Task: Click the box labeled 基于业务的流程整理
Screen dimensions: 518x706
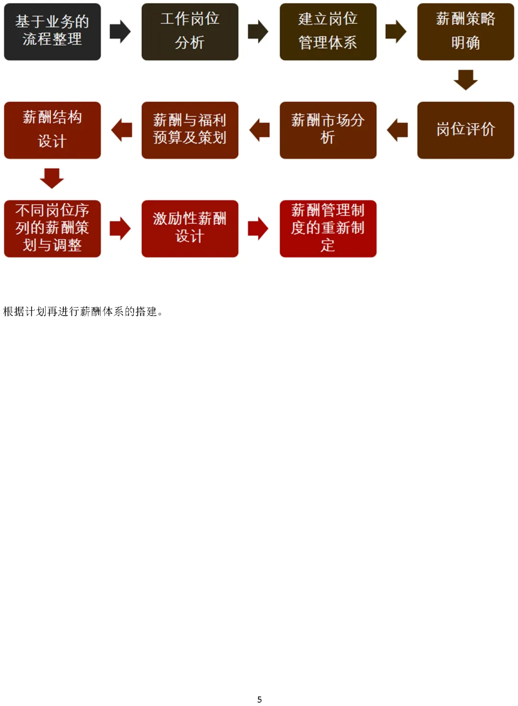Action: pyautogui.click(x=52, y=32)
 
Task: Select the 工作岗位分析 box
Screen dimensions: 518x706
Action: pyautogui.click(x=190, y=32)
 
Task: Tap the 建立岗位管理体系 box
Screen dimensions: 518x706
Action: pyautogui.click(x=328, y=32)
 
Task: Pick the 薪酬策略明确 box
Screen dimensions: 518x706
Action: pyautogui.click(x=465, y=32)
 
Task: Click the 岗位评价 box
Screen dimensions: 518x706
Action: pyautogui.click(x=465, y=130)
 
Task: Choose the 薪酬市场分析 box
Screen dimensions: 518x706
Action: pyautogui.click(x=328, y=130)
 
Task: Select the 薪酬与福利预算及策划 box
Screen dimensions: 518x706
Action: pyautogui.click(x=190, y=130)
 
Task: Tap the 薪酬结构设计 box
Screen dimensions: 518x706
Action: pyautogui.click(x=52, y=130)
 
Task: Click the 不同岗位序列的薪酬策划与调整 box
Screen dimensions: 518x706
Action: pyautogui.click(x=52, y=228)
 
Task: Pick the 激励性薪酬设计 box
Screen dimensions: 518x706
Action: pyautogui.click(x=190, y=228)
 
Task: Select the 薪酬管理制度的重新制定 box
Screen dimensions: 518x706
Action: pyautogui.click(x=328, y=228)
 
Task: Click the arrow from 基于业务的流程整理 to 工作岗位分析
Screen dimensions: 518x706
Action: pyautogui.click(x=120, y=32)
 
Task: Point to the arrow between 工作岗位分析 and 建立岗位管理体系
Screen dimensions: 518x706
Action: pyautogui.click(x=258, y=32)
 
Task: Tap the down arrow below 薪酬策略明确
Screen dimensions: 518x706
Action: pyautogui.click(x=465, y=80)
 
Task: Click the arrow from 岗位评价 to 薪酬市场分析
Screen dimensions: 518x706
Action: pyautogui.click(x=397, y=130)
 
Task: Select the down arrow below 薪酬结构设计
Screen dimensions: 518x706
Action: pyautogui.click(x=52, y=178)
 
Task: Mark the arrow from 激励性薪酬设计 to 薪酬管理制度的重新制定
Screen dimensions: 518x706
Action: pyautogui.click(x=258, y=228)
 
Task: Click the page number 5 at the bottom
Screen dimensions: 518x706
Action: pyautogui.click(x=259, y=699)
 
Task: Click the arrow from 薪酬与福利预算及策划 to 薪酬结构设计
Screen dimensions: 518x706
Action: pyautogui.click(x=121, y=130)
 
